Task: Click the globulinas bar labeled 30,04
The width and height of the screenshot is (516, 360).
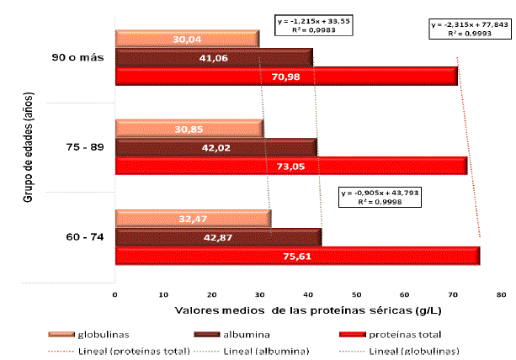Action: tap(187, 39)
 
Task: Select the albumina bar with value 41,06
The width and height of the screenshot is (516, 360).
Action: tap(214, 58)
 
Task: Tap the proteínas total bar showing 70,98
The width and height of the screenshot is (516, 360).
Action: tap(286, 77)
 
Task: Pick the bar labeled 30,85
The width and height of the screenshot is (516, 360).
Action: tap(189, 128)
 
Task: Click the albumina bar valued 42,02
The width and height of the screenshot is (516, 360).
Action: tap(215, 146)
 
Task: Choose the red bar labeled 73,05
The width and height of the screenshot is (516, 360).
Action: tap(290, 165)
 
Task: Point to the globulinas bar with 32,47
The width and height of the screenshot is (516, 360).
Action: tap(193, 219)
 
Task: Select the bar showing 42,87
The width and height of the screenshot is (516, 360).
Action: tap(218, 237)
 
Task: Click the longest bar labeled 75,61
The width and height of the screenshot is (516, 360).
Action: tap(297, 256)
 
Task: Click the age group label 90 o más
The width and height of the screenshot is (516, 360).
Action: tap(78, 58)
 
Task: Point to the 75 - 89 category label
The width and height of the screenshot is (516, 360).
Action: tap(84, 147)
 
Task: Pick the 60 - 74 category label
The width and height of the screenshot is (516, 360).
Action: tap(84, 237)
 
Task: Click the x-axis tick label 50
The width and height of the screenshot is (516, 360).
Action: tap(356, 295)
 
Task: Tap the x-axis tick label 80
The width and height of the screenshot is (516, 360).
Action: tap(501, 295)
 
